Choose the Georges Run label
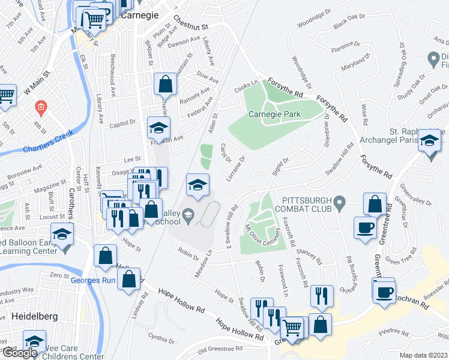[92, 280]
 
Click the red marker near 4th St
[40, 108]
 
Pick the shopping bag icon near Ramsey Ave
[165, 84]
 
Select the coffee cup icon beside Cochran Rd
[384, 292]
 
